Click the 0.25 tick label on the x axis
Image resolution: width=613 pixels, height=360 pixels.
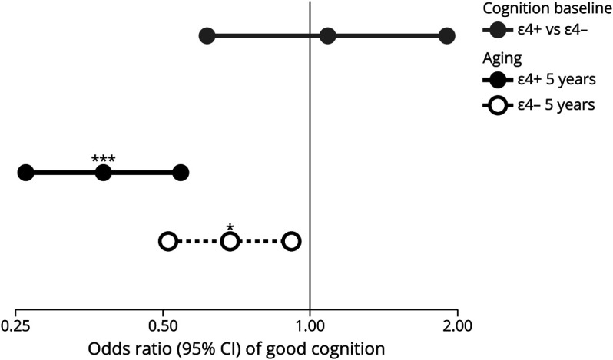pyautogui.click(x=15, y=325)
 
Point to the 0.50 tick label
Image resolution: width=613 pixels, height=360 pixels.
pyautogui.click(x=163, y=325)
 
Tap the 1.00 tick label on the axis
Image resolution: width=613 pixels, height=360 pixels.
pyautogui.click(x=310, y=325)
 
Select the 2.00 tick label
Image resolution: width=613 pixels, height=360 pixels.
pyautogui.click(x=457, y=325)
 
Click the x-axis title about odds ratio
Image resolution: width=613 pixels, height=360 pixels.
pyautogui.click(x=237, y=348)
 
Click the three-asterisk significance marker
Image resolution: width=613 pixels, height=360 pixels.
pyautogui.click(x=104, y=160)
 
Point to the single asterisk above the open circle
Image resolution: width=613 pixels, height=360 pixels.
pyautogui.click(x=230, y=228)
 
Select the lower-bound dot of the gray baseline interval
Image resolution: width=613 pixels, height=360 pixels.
pyautogui.click(x=206, y=36)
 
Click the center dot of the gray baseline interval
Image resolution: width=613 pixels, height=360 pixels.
pyautogui.click(x=328, y=36)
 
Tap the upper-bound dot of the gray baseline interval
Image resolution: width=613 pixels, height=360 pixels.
pyautogui.click(x=447, y=36)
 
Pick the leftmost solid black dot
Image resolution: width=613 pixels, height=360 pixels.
pyautogui.click(x=25, y=173)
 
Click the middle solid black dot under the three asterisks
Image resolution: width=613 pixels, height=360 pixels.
pyautogui.click(x=104, y=173)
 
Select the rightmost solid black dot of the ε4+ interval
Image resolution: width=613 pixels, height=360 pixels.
pyautogui.click(x=181, y=173)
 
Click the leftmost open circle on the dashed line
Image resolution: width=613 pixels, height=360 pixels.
pyautogui.click(x=168, y=242)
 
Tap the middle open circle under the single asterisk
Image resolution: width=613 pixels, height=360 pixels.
pyautogui.click(x=230, y=242)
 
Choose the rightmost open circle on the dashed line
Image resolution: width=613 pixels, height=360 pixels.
pyautogui.click(x=291, y=242)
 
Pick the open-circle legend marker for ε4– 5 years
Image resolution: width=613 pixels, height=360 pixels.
pyautogui.click(x=497, y=105)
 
